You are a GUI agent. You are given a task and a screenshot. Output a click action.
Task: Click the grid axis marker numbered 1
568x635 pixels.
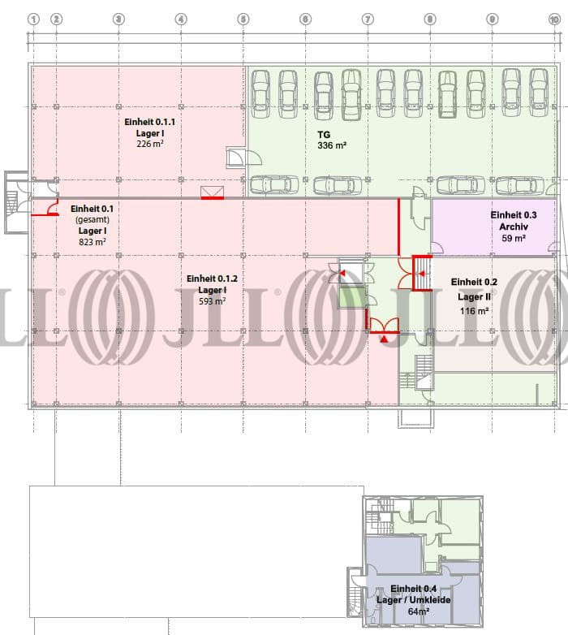click(x=33, y=18)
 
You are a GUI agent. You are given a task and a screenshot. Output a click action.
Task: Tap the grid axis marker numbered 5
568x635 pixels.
click(x=243, y=18)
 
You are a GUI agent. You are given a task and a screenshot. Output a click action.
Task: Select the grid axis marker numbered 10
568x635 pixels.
click(x=554, y=18)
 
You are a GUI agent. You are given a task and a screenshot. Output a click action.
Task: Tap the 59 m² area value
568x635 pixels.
click(x=513, y=239)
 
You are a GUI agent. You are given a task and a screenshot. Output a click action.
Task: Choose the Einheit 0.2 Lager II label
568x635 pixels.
click(x=474, y=289)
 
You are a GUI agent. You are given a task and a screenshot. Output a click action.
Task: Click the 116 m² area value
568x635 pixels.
click(x=475, y=310)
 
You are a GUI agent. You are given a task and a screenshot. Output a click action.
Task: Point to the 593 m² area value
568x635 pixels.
click(x=212, y=301)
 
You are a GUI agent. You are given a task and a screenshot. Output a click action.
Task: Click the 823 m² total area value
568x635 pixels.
click(x=92, y=242)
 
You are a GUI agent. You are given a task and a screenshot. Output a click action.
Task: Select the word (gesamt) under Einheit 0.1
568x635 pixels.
click(x=92, y=220)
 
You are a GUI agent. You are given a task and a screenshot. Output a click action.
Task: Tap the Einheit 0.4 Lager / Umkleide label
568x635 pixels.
click(x=413, y=594)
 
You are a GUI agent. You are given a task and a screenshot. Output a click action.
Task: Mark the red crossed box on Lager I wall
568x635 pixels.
click(x=213, y=192)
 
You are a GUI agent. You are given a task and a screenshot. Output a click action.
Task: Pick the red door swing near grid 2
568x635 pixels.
click(x=49, y=210)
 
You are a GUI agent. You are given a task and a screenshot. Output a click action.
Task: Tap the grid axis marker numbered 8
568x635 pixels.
click(x=429, y=18)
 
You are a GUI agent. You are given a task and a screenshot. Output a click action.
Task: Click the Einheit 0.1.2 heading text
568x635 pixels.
click(x=212, y=279)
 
